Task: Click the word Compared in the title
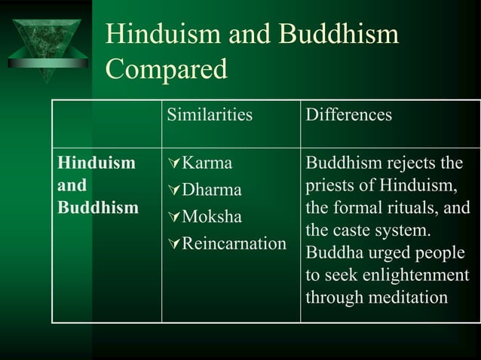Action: [166, 69]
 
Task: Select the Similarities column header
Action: [210, 115]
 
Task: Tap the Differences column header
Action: [348, 115]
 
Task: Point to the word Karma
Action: [207, 163]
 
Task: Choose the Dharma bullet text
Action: [212, 190]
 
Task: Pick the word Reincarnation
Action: [234, 243]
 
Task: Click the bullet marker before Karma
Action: [175, 163]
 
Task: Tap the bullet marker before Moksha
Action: [175, 218]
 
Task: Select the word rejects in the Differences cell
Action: [411, 163]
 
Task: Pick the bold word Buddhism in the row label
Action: [98, 208]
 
